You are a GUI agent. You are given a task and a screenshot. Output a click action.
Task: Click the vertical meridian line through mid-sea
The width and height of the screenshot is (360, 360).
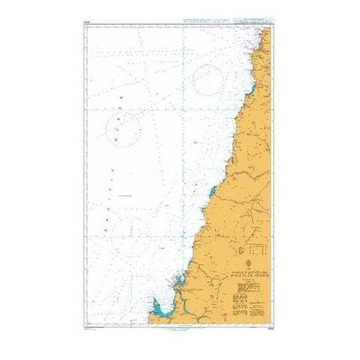click(x=185, y=162)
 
